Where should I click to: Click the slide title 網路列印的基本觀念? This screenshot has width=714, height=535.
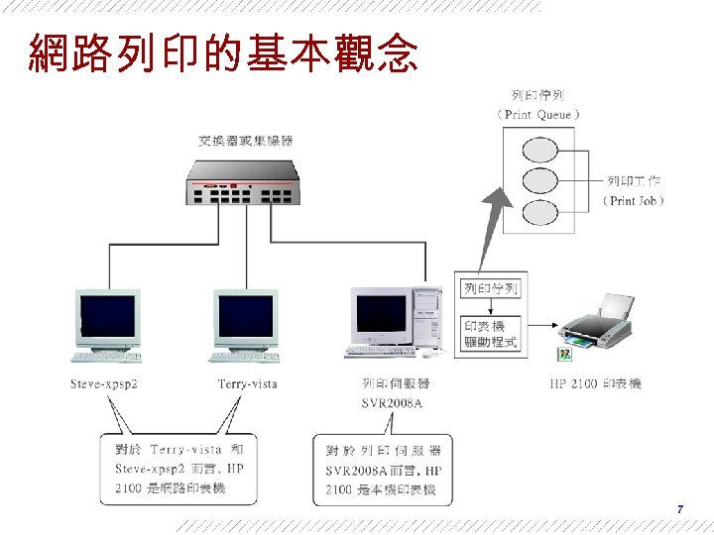(x=223, y=54)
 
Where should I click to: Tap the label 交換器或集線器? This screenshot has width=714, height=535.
(x=246, y=142)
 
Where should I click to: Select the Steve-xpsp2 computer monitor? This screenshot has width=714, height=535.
(x=108, y=317)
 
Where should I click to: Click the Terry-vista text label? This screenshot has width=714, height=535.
(x=247, y=383)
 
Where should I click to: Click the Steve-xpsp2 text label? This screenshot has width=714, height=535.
(x=104, y=383)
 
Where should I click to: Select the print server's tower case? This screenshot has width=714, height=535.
(x=426, y=315)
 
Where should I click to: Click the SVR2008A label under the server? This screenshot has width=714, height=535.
(x=392, y=402)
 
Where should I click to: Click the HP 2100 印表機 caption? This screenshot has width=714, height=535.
(x=595, y=383)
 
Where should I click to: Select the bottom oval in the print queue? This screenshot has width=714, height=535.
(x=538, y=212)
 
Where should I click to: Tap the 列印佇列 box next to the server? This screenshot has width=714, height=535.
(x=491, y=289)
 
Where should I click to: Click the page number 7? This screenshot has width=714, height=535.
(x=679, y=509)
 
